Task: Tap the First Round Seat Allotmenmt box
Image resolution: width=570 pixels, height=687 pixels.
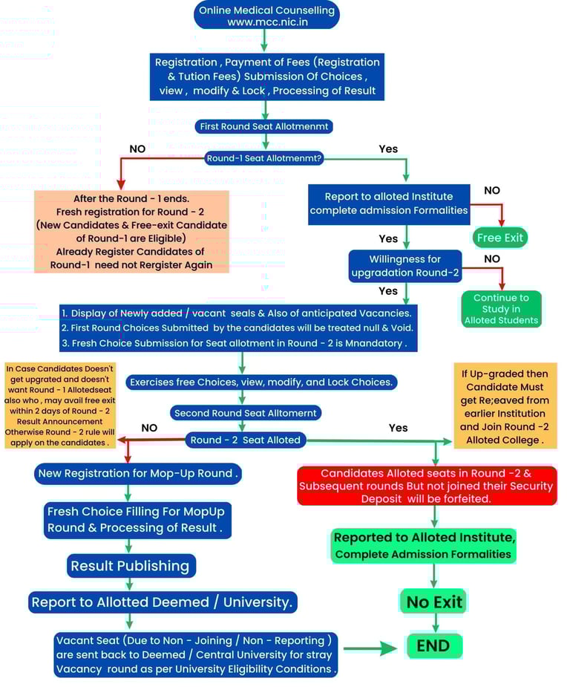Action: point(264,126)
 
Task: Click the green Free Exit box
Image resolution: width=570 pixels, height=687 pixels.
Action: point(500,238)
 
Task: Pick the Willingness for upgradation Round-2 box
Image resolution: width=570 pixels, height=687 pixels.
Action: point(405,266)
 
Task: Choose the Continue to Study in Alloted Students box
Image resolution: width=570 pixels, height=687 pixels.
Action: point(502,308)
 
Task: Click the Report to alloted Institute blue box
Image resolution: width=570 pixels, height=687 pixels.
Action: point(389,204)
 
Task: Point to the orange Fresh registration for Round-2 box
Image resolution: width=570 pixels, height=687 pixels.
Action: point(131,232)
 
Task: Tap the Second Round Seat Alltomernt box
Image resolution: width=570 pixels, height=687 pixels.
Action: point(244,413)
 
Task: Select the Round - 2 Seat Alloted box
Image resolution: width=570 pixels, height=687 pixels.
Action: point(245,440)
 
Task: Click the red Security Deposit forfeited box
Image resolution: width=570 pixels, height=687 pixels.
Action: point(426,486)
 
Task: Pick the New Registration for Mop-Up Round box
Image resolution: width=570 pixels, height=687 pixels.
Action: point(138,473)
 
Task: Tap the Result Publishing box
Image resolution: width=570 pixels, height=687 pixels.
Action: point(131,566)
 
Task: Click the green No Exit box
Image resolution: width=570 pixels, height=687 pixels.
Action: point(433,602)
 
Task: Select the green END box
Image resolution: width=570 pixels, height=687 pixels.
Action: point(434,646)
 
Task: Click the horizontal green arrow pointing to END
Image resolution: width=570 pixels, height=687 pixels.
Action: point(370,648)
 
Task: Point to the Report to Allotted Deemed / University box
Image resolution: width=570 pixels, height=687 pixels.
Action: point(163,602)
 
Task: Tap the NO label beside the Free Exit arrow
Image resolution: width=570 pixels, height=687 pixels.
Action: point(492,190)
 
